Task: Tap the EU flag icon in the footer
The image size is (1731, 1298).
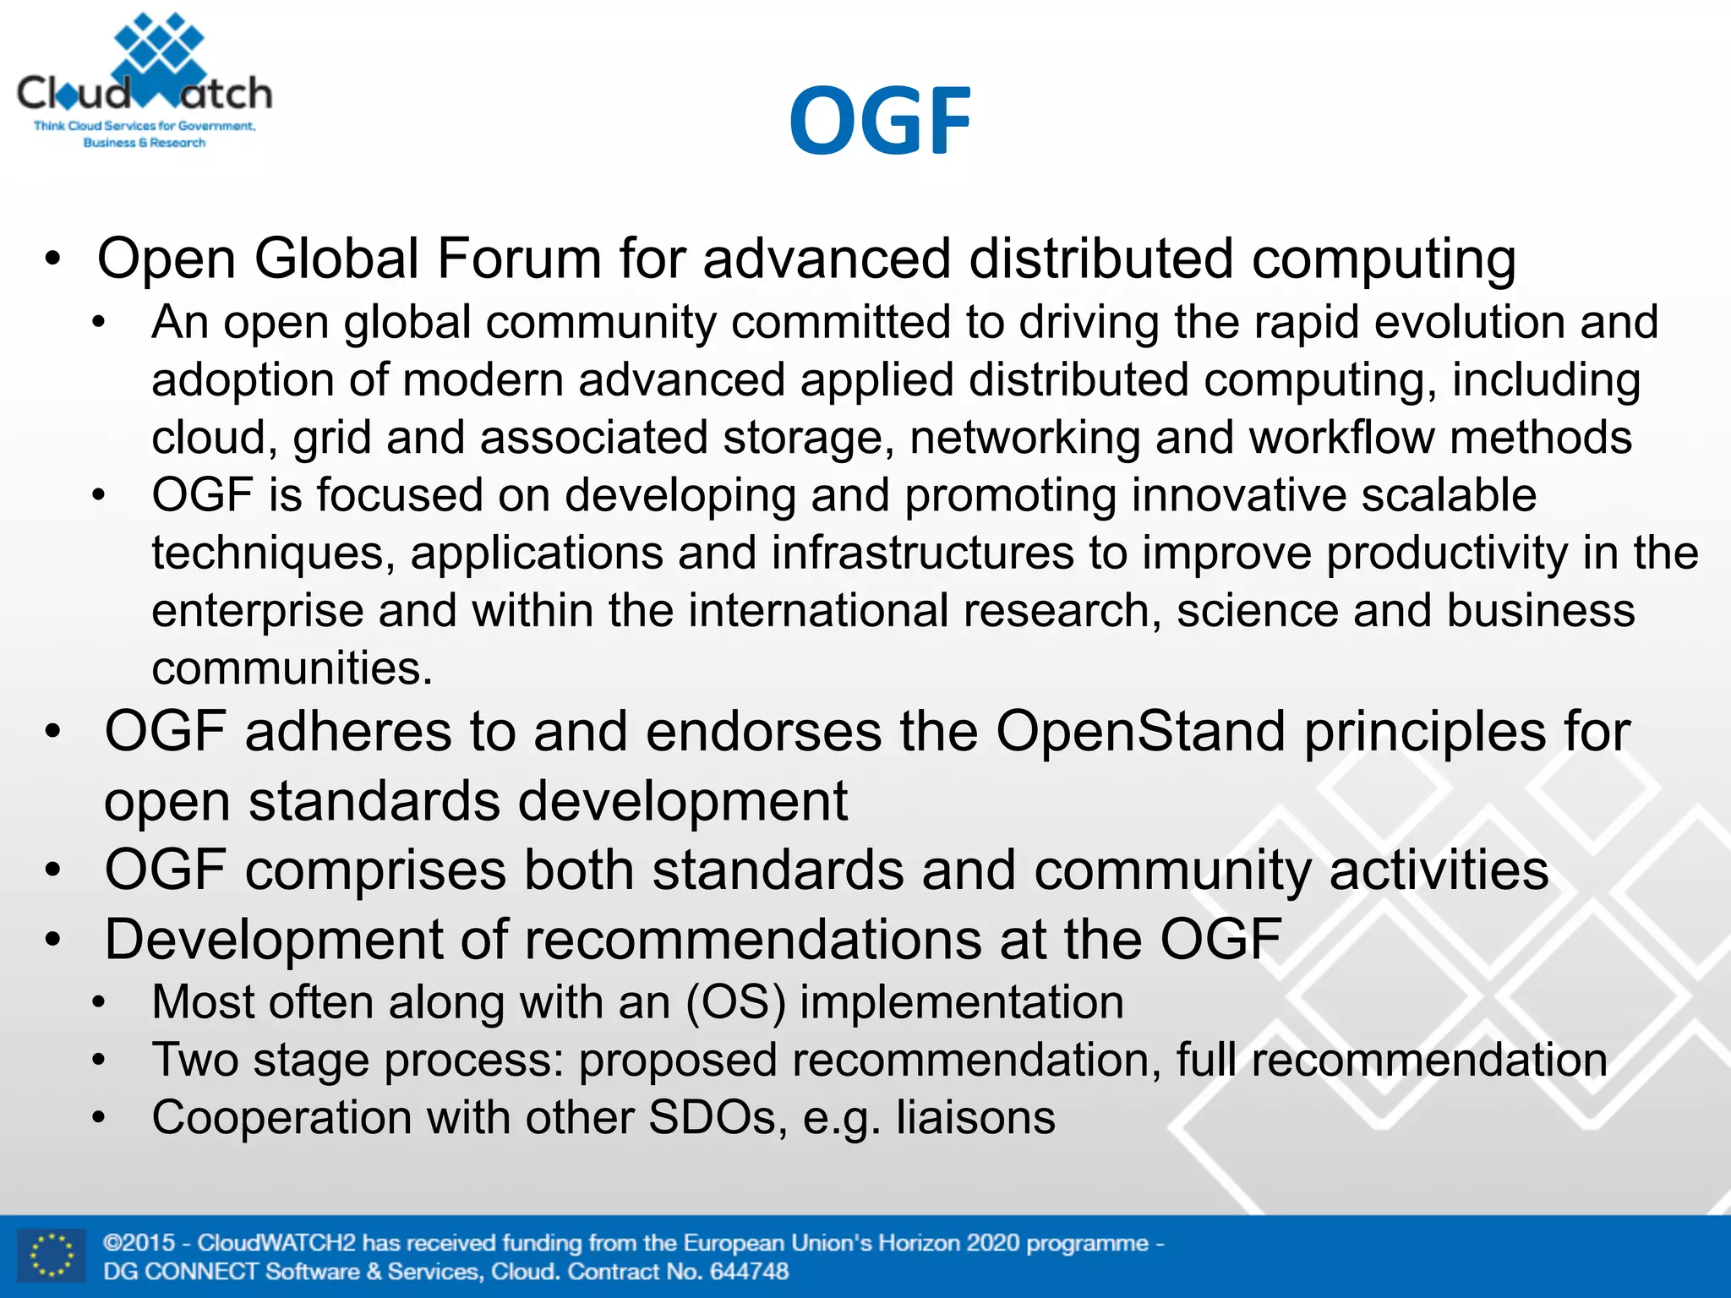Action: coord(52,1256)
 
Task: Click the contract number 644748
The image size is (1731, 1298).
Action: coord(749,1271)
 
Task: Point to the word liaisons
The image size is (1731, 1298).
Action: coord(975,1117)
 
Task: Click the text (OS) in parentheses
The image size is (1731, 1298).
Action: coord(735,1002)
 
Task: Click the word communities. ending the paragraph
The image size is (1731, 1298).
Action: coord(292,668)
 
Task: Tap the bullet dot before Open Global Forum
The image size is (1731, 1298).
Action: coord(53,260)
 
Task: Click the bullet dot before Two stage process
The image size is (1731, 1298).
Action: coord(99,1061)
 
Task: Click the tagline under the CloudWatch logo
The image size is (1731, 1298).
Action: coord(145,134)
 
